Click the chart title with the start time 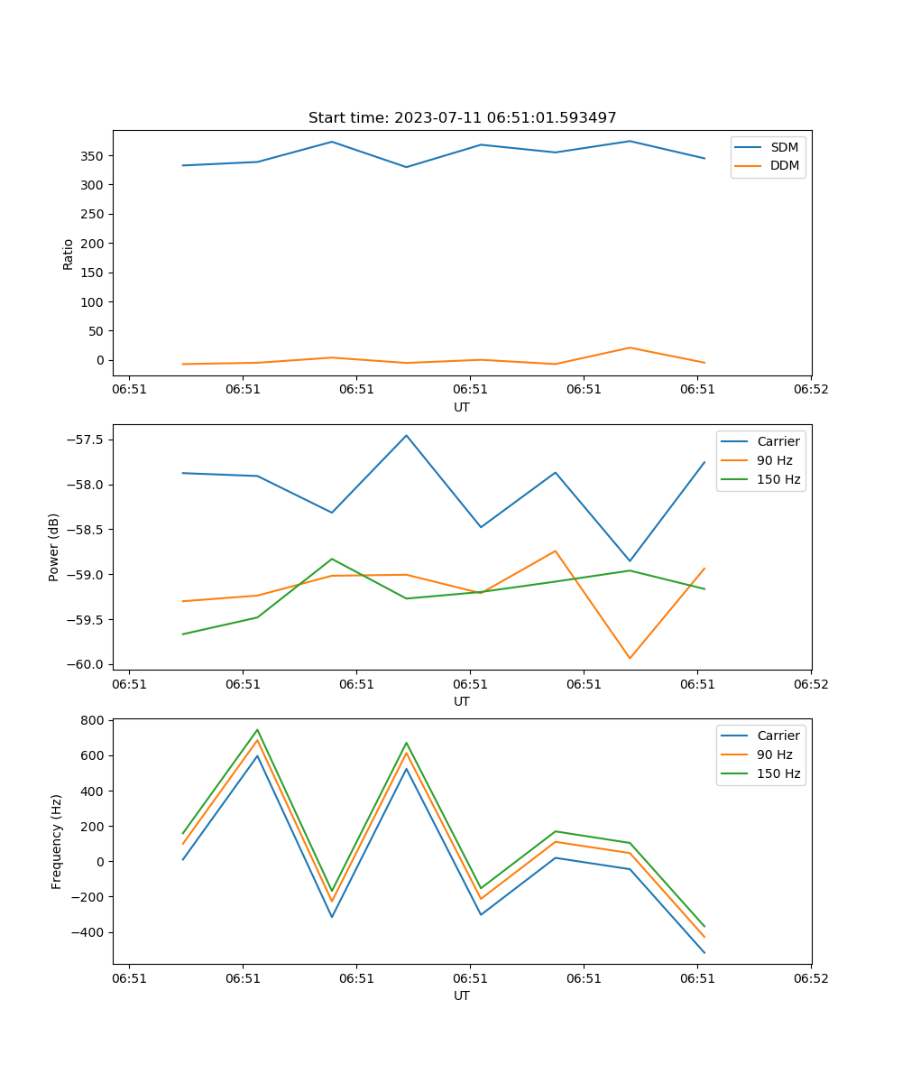(462, 118)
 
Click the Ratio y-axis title (69, 253)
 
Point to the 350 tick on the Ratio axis (93, 156)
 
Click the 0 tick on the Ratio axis (100, 360)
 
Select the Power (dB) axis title (54, 547)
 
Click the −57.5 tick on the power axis (87, 440)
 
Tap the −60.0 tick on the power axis (87, 665)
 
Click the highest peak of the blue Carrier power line (406, 436)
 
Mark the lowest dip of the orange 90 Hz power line (630, 658)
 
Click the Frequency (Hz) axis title (56, 841)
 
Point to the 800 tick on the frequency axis (93, 720)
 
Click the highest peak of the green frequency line (257, 730)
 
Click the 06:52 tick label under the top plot (810, 390)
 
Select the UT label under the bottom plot (462, 995)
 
